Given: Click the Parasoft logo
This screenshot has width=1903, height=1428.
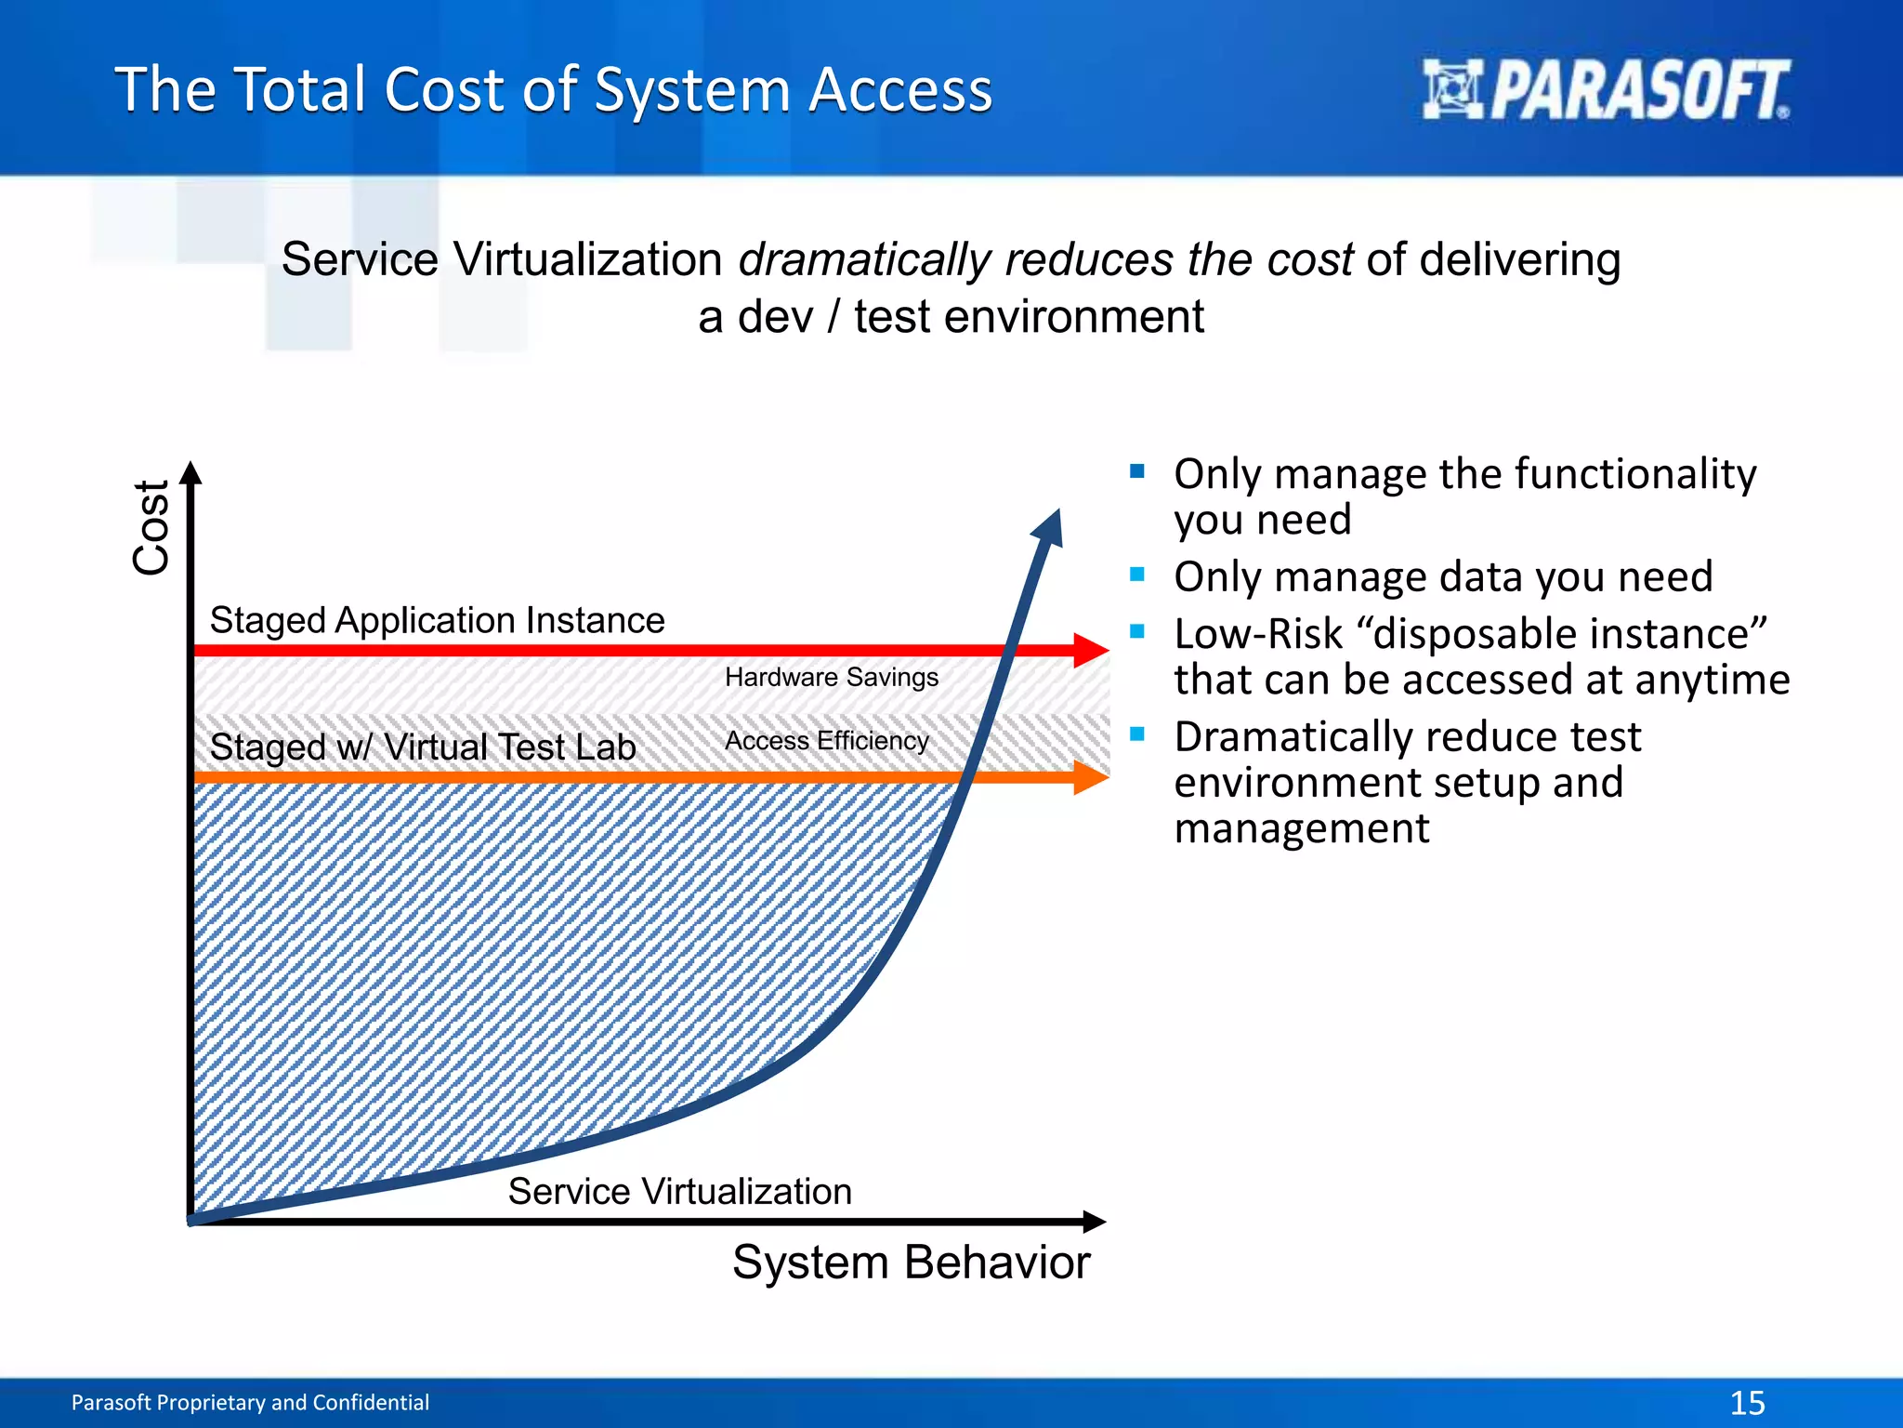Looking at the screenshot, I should coord(1606,90).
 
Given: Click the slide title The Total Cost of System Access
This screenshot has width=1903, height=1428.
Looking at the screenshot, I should coord(554,90).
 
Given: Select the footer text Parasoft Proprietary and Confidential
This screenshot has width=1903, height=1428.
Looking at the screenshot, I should coord(250,1402).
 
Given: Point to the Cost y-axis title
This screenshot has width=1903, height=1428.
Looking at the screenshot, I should coord(151,527).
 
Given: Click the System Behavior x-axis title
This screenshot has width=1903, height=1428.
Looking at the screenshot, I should coord(911,1263).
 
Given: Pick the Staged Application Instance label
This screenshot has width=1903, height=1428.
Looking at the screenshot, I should coord(437,620).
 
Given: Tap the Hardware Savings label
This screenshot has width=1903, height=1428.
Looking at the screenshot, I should coord(832,677).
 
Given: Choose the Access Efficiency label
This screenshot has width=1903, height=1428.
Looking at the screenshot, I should coord(826,741).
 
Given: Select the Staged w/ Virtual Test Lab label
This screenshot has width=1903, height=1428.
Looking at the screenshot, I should coord(423,747).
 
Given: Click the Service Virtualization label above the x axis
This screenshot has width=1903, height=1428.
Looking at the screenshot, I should coord(679,1191).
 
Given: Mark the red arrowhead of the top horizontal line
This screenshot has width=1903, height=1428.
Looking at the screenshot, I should coord(1091,650).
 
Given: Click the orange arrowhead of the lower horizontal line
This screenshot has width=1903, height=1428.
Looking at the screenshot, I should coord(1091,777).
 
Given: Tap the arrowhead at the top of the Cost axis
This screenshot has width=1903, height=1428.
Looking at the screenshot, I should coord(190,471).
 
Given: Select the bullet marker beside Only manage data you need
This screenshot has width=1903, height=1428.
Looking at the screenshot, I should coord(1137,575).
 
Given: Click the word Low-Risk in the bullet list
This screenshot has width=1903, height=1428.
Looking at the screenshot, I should coord(1258,634).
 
